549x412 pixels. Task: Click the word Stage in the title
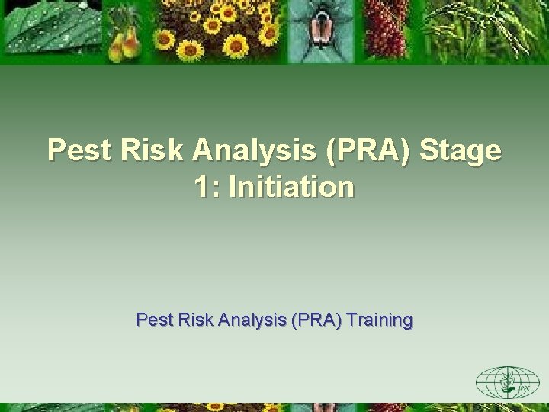click(x=461, y=150)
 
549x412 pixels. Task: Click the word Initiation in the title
click(x=293, y=187)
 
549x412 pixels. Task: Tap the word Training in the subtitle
click(x=379, y=320)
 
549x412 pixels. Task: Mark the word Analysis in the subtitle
click(x=250, y=320)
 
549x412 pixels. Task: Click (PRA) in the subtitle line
click(x=314, y=320)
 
